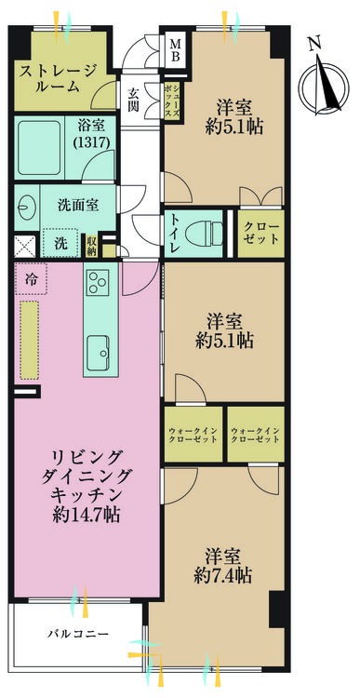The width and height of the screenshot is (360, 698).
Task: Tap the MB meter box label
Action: pos(176,50)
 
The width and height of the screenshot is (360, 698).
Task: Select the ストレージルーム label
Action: pos(59,78)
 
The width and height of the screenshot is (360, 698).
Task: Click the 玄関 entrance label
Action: pos(133,101)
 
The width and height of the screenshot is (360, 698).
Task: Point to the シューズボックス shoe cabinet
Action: pos(171,101)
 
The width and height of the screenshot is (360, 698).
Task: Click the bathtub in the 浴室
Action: pos(39,147)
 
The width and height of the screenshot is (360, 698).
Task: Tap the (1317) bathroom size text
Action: pos(93,143)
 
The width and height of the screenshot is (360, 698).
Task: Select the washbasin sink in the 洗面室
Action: pos(23,207)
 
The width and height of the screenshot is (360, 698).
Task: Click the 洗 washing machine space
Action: pos(61,243)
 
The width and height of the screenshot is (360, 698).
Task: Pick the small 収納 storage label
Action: pos(92,245)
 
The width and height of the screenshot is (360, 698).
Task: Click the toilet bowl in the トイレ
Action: pos(204,235)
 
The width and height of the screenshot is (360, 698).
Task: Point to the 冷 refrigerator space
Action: pos(31,279)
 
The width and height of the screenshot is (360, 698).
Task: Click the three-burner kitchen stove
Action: pos(98,282)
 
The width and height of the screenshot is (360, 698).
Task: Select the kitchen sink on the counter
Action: pos(99,353)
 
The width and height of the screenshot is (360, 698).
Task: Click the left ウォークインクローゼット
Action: pos(193,435)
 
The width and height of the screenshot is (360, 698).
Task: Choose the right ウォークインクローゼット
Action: pos(256,435)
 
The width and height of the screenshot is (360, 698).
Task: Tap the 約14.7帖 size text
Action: pos(86,516)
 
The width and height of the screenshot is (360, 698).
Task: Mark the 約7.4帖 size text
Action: pos(223,576)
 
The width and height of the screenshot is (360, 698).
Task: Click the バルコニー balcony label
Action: pos(78,634)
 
